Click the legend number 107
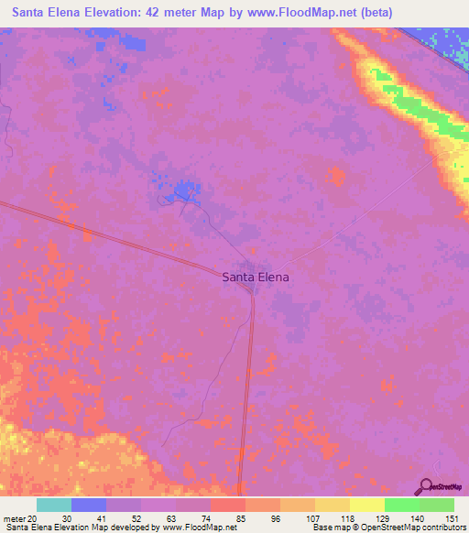tap(314, 518)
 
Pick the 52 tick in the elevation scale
tap(141, 518)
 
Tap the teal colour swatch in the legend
tap(54, 505)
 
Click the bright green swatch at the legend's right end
tap(436, 505)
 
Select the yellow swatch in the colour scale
tap(366, 505)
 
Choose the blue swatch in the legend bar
tap(89, 505)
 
